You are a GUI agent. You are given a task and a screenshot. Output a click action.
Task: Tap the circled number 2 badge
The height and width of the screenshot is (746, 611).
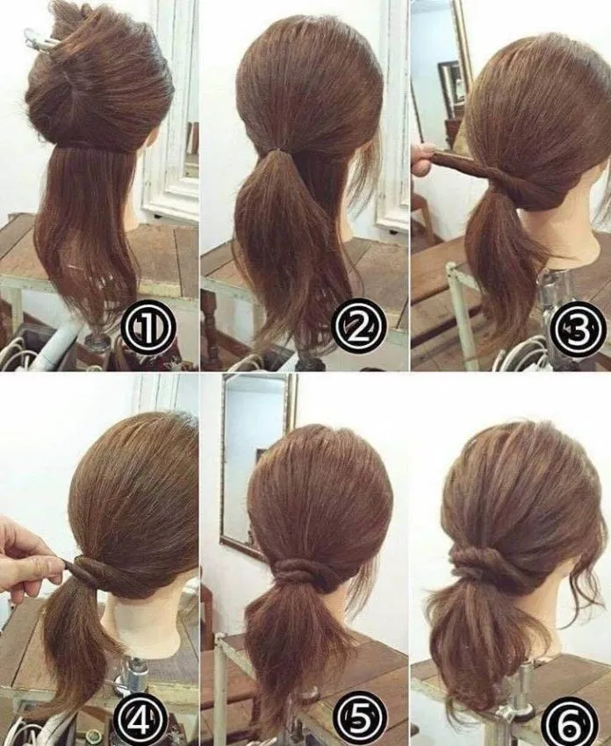pyautogui.click(x=359, y=326)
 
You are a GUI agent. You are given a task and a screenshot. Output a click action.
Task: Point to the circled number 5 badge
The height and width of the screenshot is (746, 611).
pyautogui.click(x=360, y=717)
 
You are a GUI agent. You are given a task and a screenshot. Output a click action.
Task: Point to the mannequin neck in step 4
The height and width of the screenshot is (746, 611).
pyautogui.click(x=143, y=619)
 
